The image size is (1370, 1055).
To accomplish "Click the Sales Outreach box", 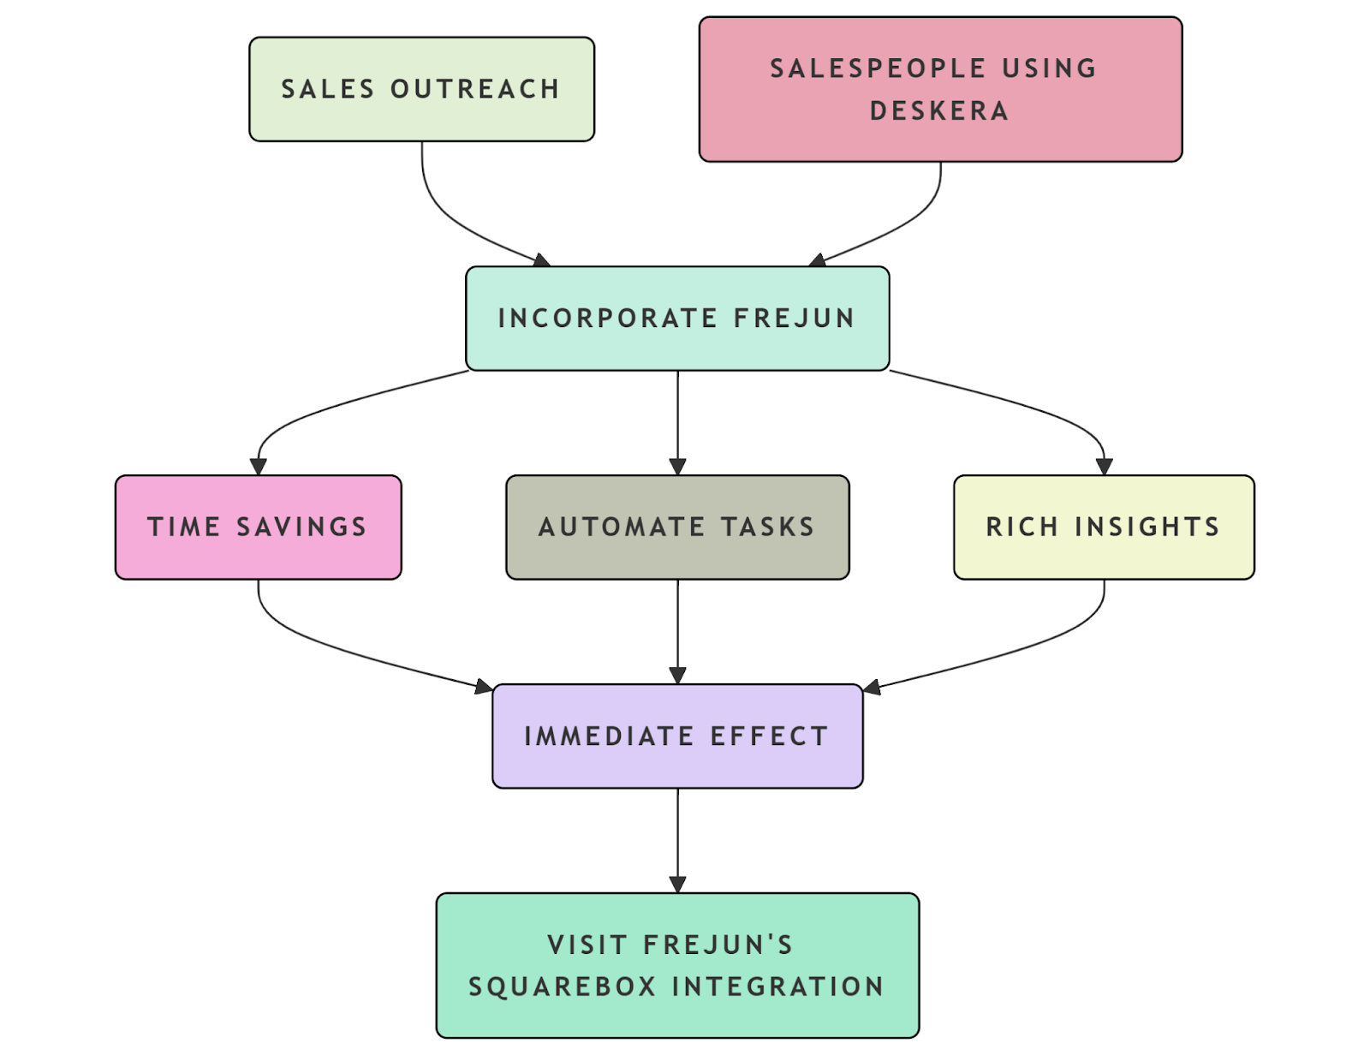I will [x=421, y=89].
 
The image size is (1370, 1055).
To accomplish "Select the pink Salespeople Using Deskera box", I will [x=940, y=89].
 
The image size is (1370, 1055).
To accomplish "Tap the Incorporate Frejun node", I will [x=677, y=319].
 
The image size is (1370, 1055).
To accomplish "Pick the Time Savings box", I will [x=258, y=527].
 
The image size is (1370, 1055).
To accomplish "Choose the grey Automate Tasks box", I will [x=677, y=527].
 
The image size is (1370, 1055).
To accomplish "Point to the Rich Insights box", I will [x=1104, y=527].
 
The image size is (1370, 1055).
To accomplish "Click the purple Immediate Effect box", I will [x=677, y=736].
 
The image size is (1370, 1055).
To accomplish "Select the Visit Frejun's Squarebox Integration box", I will [x=677, y=965].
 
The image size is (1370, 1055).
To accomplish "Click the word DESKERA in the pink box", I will [x=939, y=111].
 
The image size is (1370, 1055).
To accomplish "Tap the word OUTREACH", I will [x=475, y=89].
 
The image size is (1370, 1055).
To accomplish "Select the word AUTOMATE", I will [x=622, y=527].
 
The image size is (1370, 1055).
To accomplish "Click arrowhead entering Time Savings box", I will [x=258, y=467].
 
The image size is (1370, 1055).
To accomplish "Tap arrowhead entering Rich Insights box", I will [x=1104, y=467].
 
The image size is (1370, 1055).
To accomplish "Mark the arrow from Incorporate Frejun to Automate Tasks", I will [x=677, y=420].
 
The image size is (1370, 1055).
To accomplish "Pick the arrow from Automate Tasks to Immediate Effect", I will [x=677, y=629].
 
